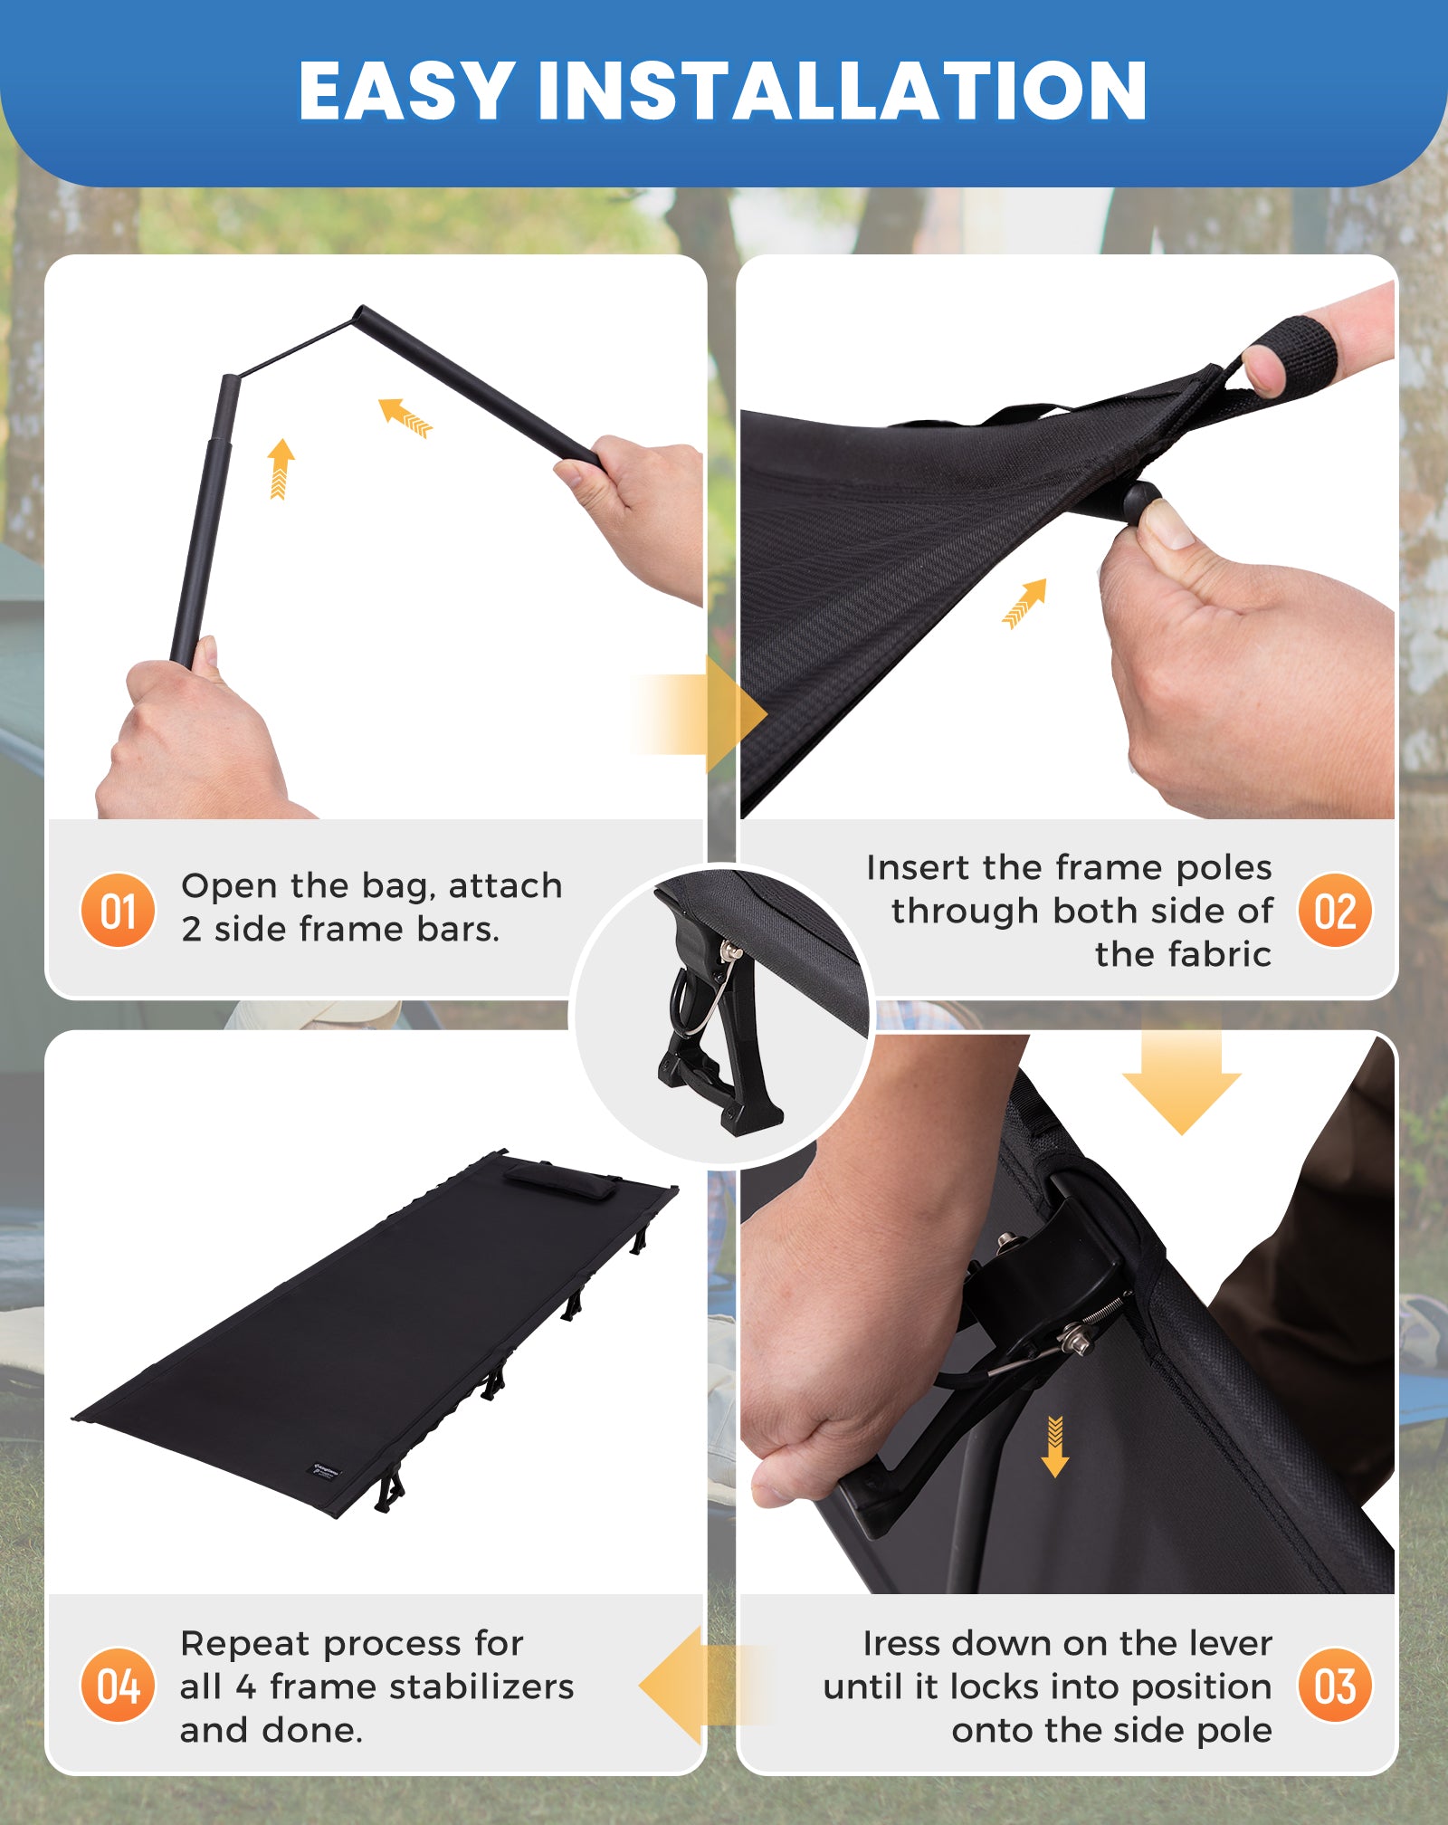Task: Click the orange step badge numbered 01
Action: [118, 910]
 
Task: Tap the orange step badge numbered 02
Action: [1335, 910]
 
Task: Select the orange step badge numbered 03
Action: [1335, 1686]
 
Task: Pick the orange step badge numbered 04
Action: [118, 1686]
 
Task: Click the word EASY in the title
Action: [407, 90]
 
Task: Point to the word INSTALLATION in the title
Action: [843, 90]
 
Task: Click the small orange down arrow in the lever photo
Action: [1055, 1445]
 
